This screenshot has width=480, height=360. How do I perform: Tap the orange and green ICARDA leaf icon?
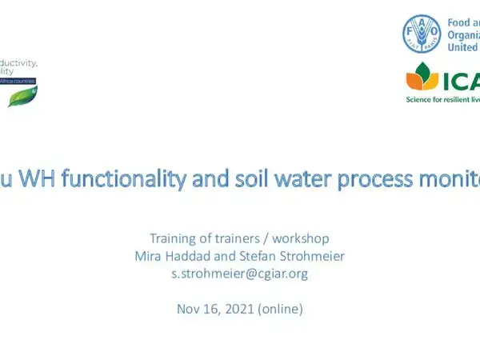coord(422,78)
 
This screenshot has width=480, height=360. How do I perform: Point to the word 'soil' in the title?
coord(222,158)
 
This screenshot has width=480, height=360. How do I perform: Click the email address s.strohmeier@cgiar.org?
coord(240,274)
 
